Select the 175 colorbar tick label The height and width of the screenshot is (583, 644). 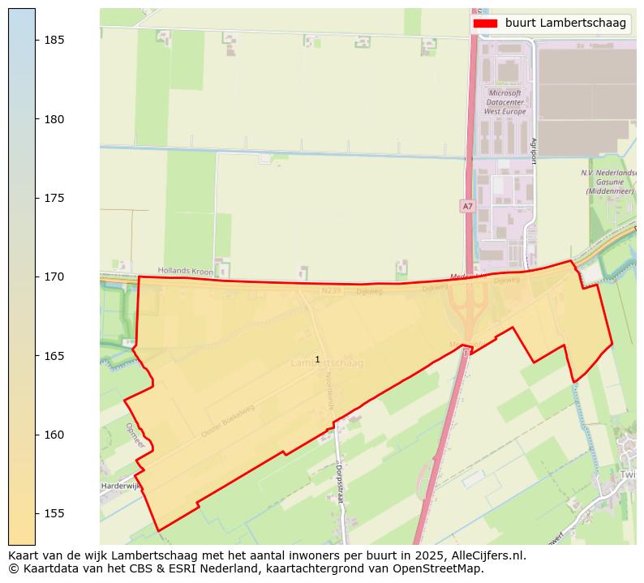point(53,198)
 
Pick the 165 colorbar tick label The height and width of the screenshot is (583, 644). point(53,356)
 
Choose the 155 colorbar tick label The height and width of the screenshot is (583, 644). point(53,513)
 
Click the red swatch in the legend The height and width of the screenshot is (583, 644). point(485,24)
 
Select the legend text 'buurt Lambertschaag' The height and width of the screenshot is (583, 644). point(565,24)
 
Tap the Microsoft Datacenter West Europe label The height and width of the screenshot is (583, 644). point(504,102)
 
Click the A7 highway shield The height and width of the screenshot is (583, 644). point(467,207)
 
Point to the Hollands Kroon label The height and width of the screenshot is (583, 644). point(184,270)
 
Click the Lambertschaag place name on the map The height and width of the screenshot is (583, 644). point(328,363)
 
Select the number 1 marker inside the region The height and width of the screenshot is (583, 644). point(317,359)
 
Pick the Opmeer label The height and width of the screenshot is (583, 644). point(135,435)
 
